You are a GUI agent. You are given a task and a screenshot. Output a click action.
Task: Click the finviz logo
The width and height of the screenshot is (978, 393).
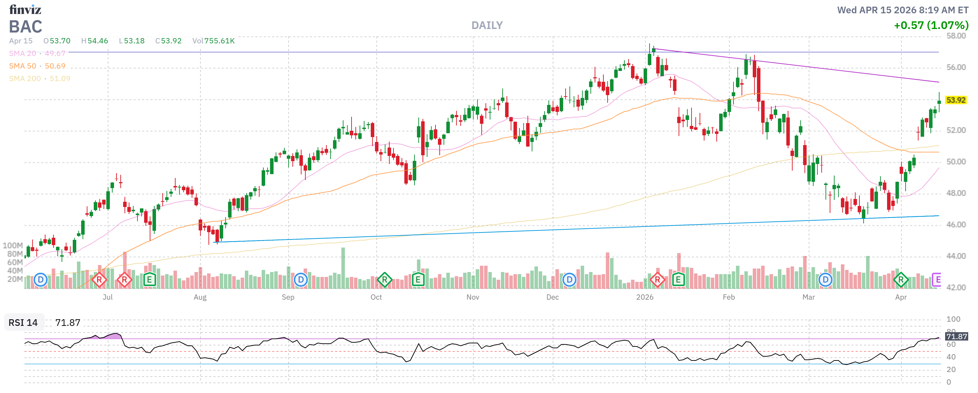click(25, 9)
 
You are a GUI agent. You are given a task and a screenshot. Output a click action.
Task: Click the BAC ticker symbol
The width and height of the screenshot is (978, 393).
click(26, 27)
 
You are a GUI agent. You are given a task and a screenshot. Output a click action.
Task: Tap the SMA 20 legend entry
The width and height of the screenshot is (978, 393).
click(37, 53)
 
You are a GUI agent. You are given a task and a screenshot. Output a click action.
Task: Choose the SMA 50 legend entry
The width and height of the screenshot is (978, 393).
click(37, 66)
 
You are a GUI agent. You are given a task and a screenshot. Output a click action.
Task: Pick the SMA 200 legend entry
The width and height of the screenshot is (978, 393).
click(40, 79)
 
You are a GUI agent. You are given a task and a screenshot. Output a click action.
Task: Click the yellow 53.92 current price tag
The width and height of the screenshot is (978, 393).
click(955, 100)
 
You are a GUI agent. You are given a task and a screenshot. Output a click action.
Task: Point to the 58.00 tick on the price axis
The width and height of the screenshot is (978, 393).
click(956, 36)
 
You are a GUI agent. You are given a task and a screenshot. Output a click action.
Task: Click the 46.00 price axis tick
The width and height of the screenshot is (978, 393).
click(956, 224)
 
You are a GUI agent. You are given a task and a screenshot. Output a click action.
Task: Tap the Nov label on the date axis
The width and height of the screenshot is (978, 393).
click(472, 297)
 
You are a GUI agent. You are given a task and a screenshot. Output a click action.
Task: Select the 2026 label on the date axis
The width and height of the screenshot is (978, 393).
click(645, 297)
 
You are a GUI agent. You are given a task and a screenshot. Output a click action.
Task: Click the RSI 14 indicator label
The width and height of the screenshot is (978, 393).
click(23, 322)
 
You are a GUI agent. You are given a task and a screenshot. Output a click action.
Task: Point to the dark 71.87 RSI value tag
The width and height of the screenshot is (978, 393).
click(956, 336)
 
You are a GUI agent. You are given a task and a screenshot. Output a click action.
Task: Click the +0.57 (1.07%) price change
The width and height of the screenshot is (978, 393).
click(930, 26)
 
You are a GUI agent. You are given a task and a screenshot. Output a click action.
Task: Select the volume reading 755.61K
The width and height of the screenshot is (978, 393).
click(219, 41)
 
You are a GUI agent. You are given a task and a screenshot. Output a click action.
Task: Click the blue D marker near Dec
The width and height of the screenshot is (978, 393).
click(569, 280)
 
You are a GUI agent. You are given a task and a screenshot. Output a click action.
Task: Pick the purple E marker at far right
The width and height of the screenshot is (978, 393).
click(937, 280)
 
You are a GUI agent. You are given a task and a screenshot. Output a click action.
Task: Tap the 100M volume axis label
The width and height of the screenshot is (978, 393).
click(13, 245)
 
